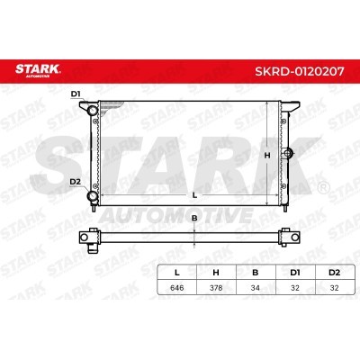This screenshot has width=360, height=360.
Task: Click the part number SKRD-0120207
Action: click(x=300, y=71)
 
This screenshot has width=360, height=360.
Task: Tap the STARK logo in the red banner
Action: click(x=38, y=70)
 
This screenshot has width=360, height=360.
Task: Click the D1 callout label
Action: click(x=76, y=94)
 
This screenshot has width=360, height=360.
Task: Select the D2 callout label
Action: click(x=75, y=182)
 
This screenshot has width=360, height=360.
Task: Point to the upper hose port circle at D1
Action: click(x=92, y=111)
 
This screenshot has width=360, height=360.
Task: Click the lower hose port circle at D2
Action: click(x=92, y=196)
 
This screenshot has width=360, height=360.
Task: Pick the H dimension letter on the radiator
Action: click(x=267, y=156)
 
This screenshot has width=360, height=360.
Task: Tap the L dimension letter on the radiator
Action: click(x=194, y=195)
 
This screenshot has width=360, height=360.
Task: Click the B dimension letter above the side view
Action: click(x=194, y=218)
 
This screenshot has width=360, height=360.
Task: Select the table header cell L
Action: click(x=177, y=273)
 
